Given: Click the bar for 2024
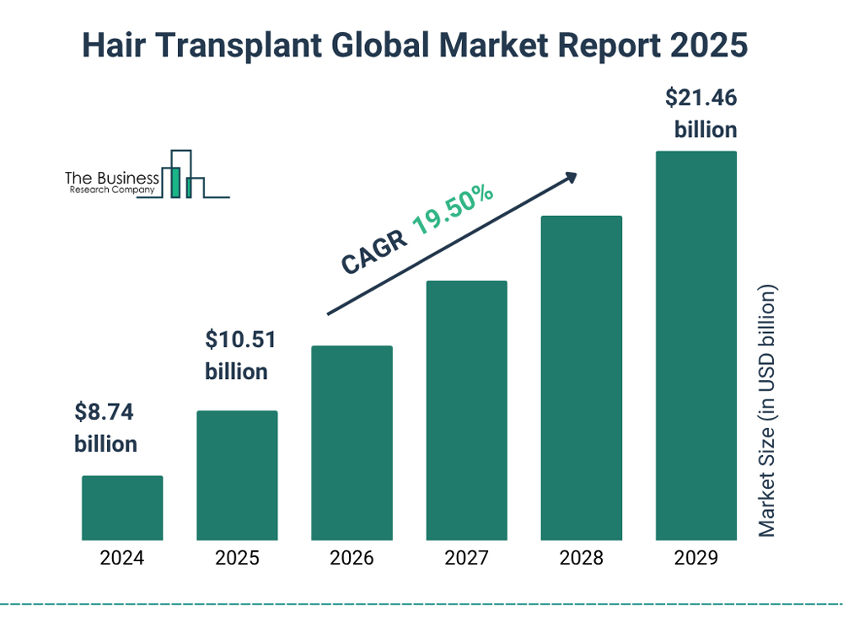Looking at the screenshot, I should tap(122, 507).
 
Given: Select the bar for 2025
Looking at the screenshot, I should tap(237, 475).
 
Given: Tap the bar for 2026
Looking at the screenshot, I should tap(352, 442).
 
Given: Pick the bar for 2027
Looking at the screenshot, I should tap(466, 410).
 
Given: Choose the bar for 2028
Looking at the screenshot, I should tap(581, 378).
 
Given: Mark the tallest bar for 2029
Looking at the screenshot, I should tap(695, 345).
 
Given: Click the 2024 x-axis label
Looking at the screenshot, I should tap(122, 558).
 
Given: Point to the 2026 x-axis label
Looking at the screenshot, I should tap(352, 558).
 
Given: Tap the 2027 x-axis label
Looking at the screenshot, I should tap(466, 558).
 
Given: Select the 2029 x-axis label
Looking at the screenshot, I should tap(695, 558).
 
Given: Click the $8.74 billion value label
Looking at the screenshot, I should tap(105, 428).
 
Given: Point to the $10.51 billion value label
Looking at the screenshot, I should tap(240, 355).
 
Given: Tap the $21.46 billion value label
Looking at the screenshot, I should tap(701, 114).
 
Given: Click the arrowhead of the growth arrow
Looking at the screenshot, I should tap(571, 177).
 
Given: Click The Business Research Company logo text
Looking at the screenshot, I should tap(111, 183).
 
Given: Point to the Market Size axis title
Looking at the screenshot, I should tap(766, 411).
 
